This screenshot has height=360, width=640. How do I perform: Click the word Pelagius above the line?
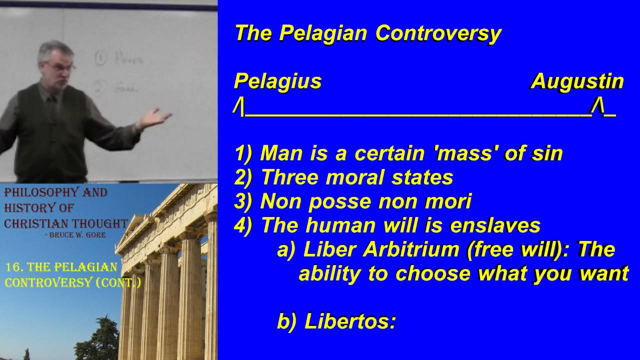click(277, 81)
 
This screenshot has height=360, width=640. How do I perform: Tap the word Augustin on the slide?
click(577, 81)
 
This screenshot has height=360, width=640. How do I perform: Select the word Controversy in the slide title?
click(438, 33)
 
